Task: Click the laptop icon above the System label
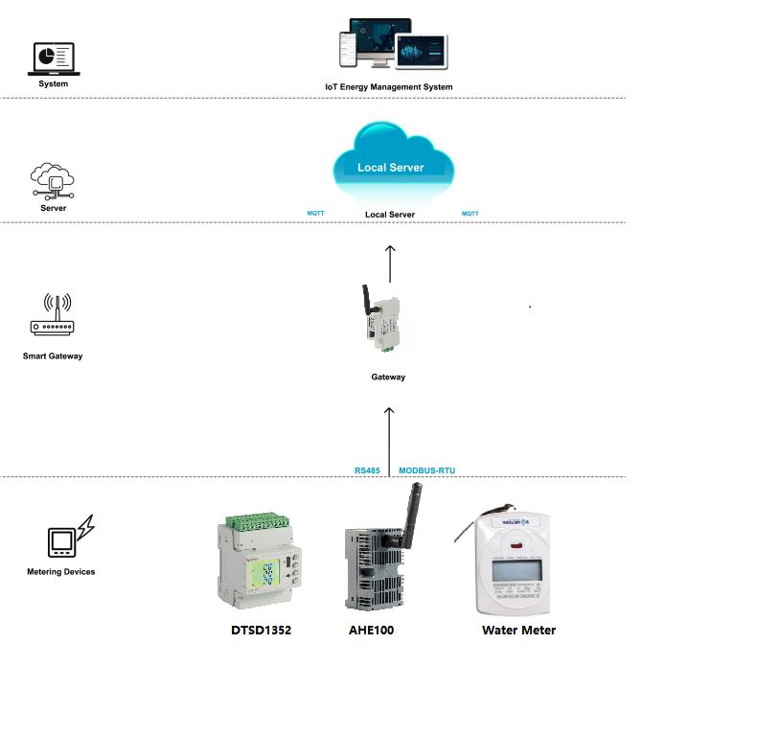point(54,58)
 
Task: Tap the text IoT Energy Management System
point(388,87)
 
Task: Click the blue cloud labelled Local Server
point(391,163)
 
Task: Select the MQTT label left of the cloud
point(315,213)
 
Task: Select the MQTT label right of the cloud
point(470,213)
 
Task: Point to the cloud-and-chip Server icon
point(53,179)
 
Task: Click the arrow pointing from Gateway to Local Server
point(390,263)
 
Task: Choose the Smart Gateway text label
point(53,356)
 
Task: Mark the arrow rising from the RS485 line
point(389,439)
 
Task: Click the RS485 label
point(368,471)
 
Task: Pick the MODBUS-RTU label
point(427,471)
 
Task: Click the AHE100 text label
point(371,631)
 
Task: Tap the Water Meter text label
point(518,631)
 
